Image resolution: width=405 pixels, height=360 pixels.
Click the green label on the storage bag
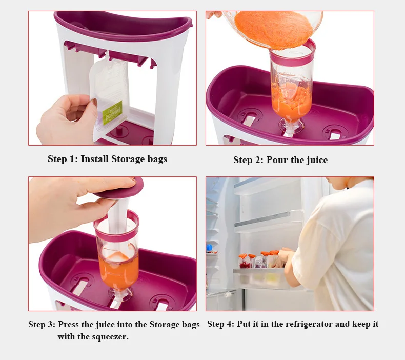(112, 112)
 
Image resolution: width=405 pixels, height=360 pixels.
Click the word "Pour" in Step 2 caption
(277, 160)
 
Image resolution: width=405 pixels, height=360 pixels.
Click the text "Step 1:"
(63, 159)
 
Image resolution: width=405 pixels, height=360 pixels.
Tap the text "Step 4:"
(220, 324)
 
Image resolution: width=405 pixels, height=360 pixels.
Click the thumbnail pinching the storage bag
(94, 103)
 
